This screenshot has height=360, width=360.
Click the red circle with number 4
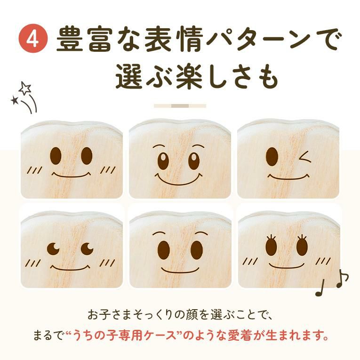[x=33, y=39]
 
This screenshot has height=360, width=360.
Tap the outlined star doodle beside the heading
[x=25, y=88]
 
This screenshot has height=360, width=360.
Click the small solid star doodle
[x=15, y=100]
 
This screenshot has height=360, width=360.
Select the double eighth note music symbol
[x=343, y=278]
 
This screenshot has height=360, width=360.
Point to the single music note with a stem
[x=320, y=288]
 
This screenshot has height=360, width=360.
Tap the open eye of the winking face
[x=272, y=156]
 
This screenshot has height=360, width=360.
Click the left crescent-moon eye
[x=53, y=248]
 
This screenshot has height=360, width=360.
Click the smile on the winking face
[x=289, y=177]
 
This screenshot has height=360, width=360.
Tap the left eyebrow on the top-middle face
[x=159, y=147]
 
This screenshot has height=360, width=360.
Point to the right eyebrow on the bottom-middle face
[x=201, y=234]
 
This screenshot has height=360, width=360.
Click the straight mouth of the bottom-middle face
[x=180, y=269]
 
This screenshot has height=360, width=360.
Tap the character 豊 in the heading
[x=70, y=39]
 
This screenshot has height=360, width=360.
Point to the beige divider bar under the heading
[x=180, y=106]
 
